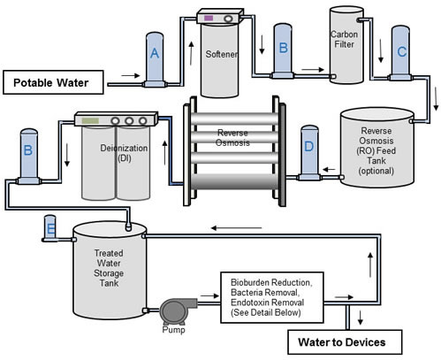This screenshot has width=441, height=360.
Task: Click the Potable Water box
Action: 53,82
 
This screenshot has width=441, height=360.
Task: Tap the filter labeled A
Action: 155,59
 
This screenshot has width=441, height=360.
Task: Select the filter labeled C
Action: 400,53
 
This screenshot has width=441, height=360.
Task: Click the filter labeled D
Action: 309,153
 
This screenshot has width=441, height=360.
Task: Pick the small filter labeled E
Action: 50,228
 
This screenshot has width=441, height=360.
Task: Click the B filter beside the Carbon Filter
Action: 283,51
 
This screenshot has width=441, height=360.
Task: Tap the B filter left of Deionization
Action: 28,157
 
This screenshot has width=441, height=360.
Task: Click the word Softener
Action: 222,54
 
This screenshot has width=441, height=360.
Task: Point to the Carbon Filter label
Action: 344,39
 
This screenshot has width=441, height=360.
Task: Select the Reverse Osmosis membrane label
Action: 232,138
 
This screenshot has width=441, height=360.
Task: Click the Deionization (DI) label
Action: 124,153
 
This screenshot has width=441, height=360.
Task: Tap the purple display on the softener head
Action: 209,18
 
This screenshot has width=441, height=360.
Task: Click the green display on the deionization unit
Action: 90,120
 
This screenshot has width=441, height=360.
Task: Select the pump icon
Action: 178,310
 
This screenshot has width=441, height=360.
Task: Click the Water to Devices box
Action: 345,342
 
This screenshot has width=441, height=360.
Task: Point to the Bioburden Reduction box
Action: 272,297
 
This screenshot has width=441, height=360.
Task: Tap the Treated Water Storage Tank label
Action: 109,268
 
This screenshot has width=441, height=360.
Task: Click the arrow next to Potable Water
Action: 131,75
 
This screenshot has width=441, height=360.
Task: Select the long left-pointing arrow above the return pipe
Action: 236,228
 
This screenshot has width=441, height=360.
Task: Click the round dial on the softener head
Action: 228,19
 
